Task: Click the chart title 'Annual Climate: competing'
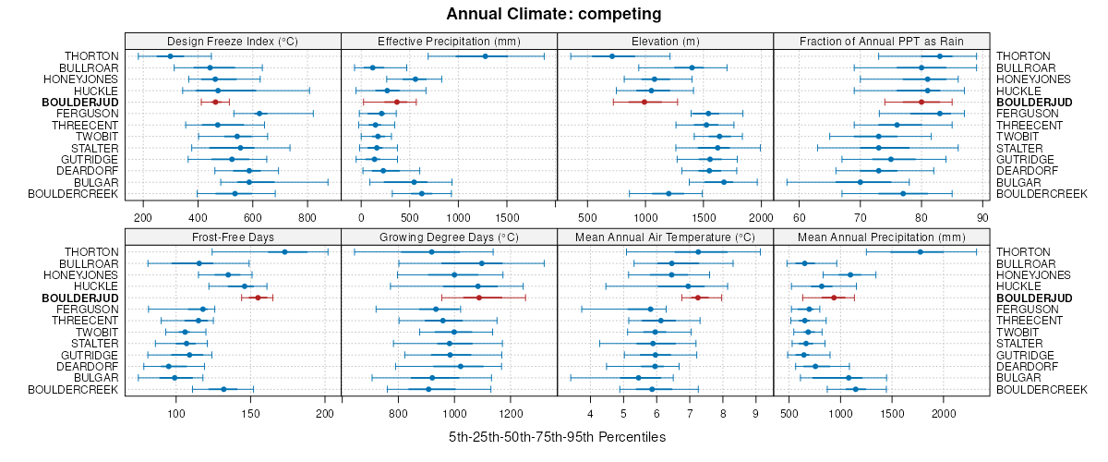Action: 554,14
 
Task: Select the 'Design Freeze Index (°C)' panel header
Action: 233,41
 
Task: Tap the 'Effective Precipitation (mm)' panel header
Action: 450,41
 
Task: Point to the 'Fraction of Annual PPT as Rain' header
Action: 882,41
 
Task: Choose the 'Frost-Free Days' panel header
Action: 233,237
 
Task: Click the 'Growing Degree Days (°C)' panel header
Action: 450,237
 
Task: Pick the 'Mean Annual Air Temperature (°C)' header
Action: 666,237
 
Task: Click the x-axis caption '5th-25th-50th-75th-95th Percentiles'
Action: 557,436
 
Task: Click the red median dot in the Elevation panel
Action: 644,102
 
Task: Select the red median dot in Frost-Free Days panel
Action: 258,298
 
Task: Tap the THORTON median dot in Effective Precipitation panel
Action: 486,56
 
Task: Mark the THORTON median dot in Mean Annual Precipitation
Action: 920,252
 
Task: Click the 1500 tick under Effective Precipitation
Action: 506,217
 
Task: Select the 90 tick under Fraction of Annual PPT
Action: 982,217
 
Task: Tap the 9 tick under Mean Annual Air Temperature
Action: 755,413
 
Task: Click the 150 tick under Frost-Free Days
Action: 251,413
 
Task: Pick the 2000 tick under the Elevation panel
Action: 760,217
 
